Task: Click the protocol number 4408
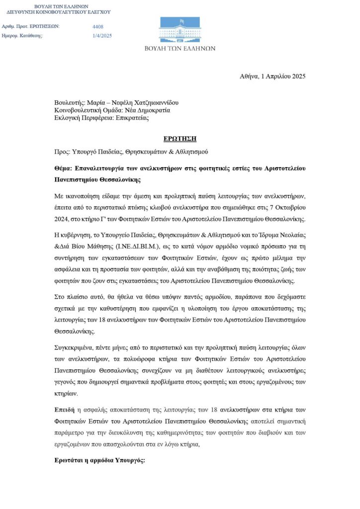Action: point(98,26)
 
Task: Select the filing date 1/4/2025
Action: point(102,35)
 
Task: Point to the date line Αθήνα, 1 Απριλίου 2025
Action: point(272,77)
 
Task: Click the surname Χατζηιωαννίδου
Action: point(152,103)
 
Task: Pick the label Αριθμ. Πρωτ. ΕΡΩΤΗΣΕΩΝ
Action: point(31,26)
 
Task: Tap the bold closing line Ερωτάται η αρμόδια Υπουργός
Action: point(99,461)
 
